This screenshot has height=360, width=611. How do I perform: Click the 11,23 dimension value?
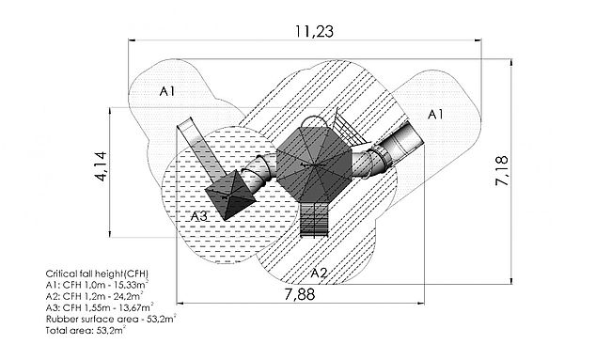tap(314, 32)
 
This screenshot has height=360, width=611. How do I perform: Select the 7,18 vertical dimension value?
tap(502, 171)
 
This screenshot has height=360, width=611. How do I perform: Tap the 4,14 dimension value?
tap(101, 166)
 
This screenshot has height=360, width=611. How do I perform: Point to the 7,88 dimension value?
tap(299, 294)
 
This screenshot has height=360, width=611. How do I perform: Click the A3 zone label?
tap(198, 216)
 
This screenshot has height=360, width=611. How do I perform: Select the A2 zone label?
tap(320, 274)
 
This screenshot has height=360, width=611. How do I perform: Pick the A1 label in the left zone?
tap(167, 91)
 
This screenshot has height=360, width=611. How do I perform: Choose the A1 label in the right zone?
tap(435, 115)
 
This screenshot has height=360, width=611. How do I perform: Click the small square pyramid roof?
tap(230, 195)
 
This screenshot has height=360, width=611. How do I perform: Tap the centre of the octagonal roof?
tap(314, 164)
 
